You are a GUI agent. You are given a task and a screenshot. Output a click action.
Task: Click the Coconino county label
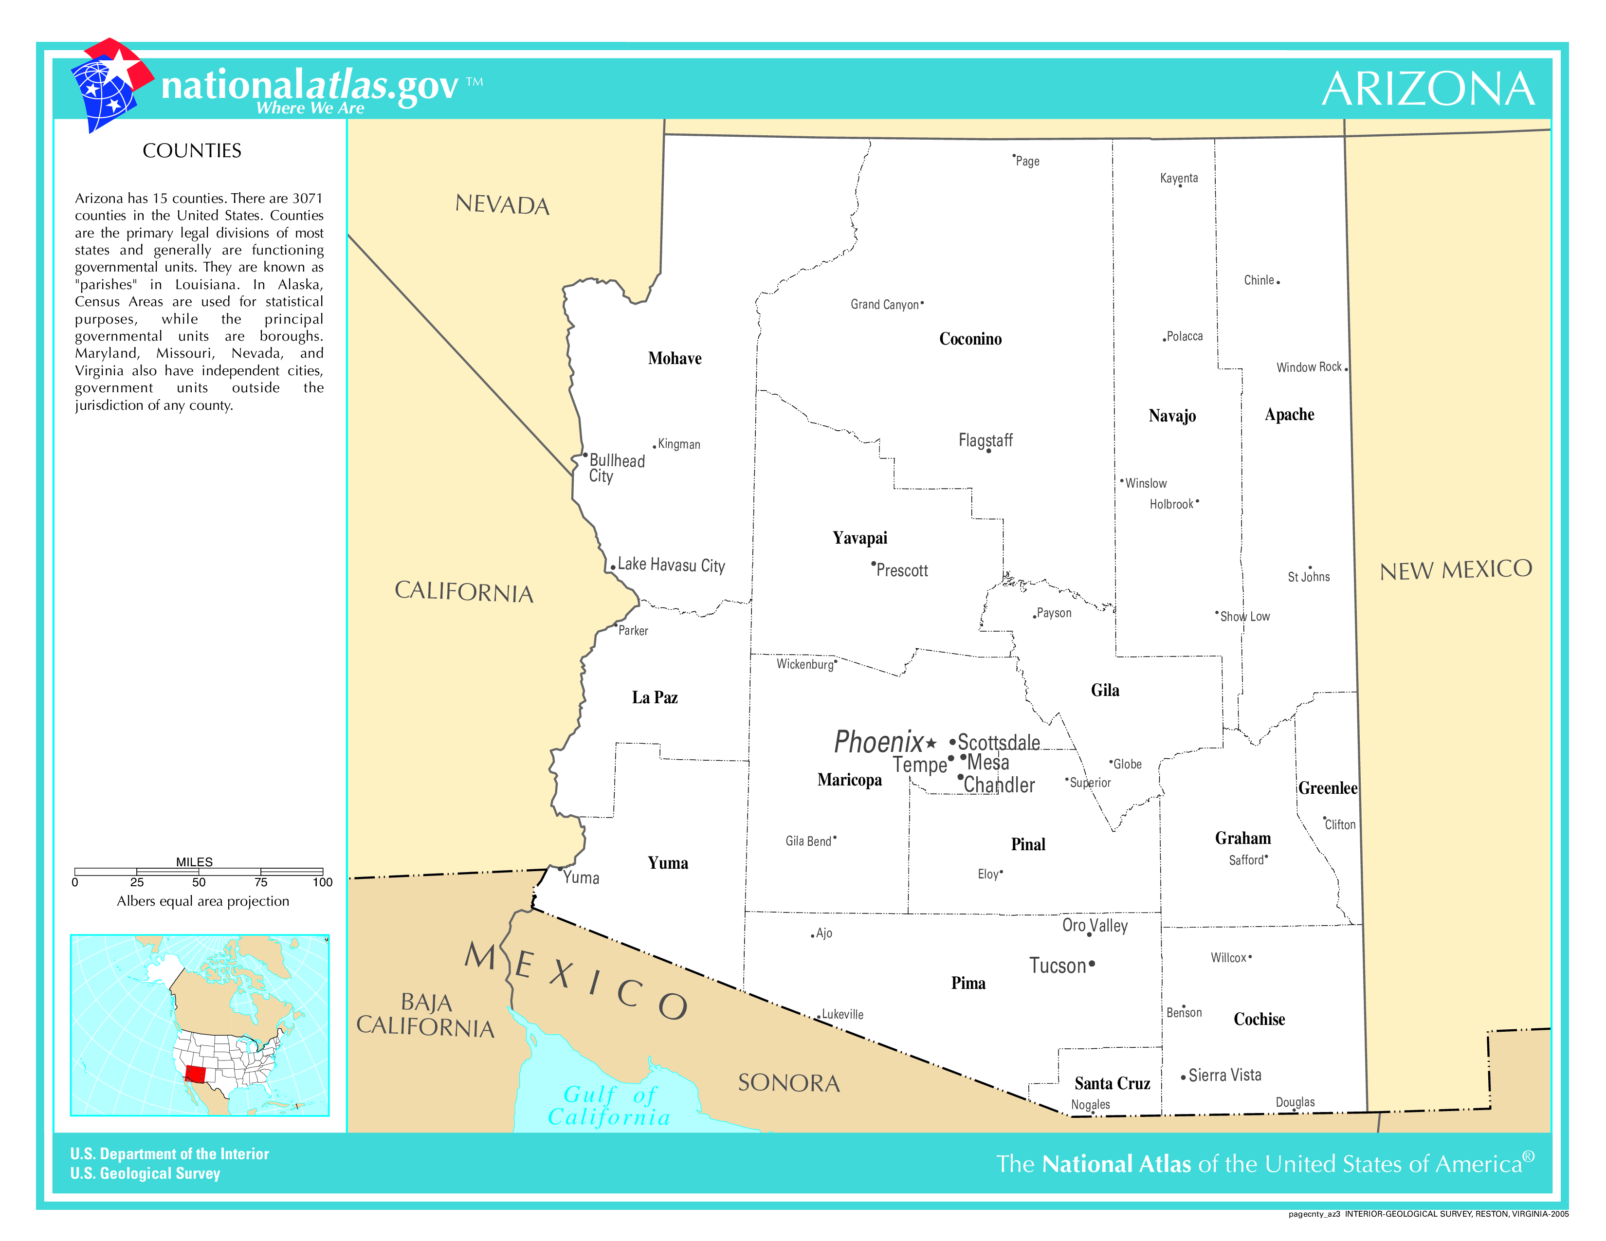click(970, 339)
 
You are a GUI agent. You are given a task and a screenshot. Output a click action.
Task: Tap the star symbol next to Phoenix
click(931, 743)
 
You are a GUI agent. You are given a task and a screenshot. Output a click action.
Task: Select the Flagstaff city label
click(985, 440)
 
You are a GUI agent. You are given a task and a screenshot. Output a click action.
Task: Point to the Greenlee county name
click(1327, 788)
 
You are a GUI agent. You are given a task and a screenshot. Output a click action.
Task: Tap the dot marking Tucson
click(1091, 964)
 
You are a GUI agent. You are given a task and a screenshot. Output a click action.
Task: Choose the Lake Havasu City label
click(671, 565)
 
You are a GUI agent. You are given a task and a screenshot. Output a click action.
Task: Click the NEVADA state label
click(502, 204)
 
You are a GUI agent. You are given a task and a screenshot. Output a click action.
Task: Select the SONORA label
click(788, 1083)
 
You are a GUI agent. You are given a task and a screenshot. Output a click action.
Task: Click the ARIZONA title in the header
click(1427, 89)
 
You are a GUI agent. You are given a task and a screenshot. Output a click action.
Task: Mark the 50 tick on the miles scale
click(199, 881)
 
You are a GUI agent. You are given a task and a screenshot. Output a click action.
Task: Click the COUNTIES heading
click(192, 151)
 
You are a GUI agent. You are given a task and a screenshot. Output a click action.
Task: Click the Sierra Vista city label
click(1224, 1075)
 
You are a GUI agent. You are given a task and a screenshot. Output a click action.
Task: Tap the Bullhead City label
click(616, 468)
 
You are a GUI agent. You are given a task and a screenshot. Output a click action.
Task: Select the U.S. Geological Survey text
click(146, 1173)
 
